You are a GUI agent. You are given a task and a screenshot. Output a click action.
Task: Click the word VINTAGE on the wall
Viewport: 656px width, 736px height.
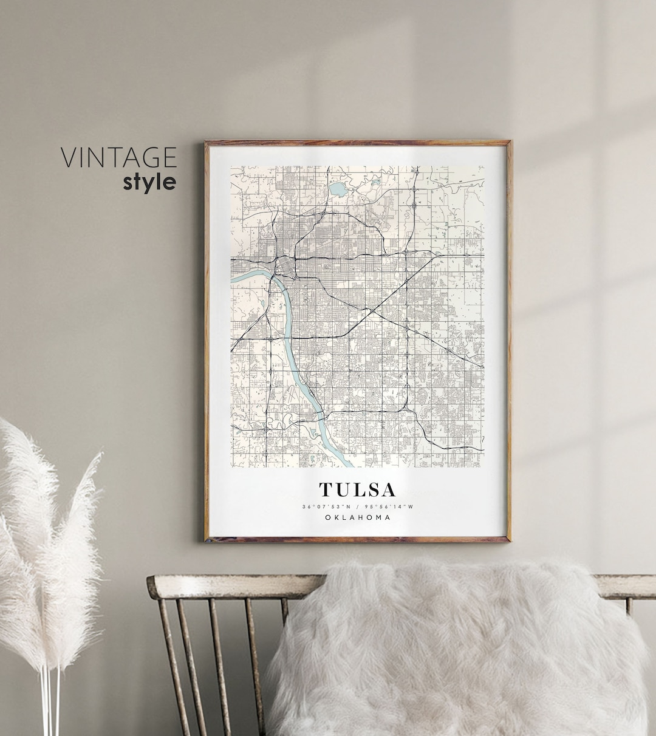pyautogui.click(x=118, y=157)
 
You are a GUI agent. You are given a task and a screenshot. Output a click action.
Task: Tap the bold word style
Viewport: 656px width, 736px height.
pyautogui.click(x=149, y=182)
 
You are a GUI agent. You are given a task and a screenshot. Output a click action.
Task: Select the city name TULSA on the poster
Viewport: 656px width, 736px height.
pyautogui.click(x=357, y=489)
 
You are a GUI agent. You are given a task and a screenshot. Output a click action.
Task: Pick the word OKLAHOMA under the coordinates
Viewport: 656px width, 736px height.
pyautogui.click(x=357, y=517)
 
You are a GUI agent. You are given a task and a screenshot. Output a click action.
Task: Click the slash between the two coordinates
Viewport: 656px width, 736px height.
pyautogui.click(x=357, y=506)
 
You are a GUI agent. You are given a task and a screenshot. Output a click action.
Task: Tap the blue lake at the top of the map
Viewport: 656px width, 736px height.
pyautogui.click(x=336, y=189)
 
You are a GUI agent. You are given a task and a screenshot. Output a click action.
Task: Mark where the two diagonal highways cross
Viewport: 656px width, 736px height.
pyautogui.click(x=369, y=310)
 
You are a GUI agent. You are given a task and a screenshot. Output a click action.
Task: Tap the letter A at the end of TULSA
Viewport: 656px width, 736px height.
pyautogui.click(x=388, y=489)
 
